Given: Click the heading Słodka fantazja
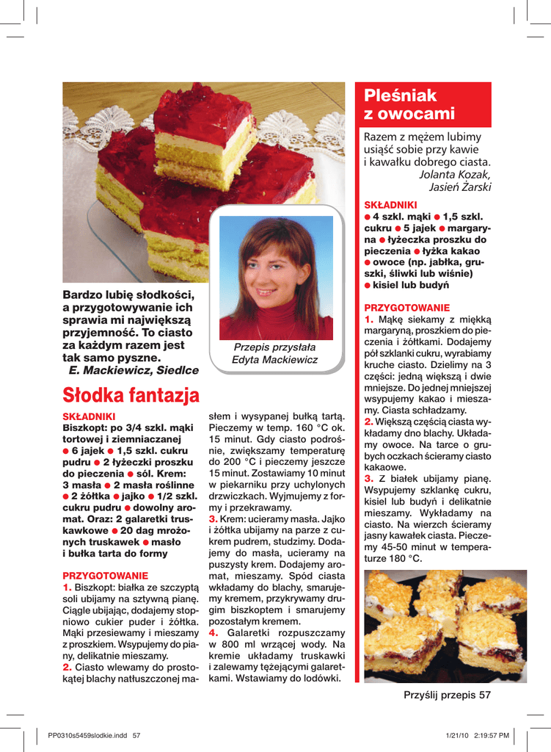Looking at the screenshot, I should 131,397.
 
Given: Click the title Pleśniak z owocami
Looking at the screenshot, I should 409,105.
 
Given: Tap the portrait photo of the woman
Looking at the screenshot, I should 276,278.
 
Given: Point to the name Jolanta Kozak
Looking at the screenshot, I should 454,174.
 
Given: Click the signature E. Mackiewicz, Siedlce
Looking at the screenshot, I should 133,371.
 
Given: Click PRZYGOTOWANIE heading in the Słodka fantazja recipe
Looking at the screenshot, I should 106,576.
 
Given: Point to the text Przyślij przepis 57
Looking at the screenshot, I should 447,695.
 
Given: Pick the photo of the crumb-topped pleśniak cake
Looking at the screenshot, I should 445,626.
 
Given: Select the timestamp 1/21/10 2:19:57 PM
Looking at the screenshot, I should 477,735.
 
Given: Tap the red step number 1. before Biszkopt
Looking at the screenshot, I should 67,588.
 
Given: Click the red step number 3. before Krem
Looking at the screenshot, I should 214,519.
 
